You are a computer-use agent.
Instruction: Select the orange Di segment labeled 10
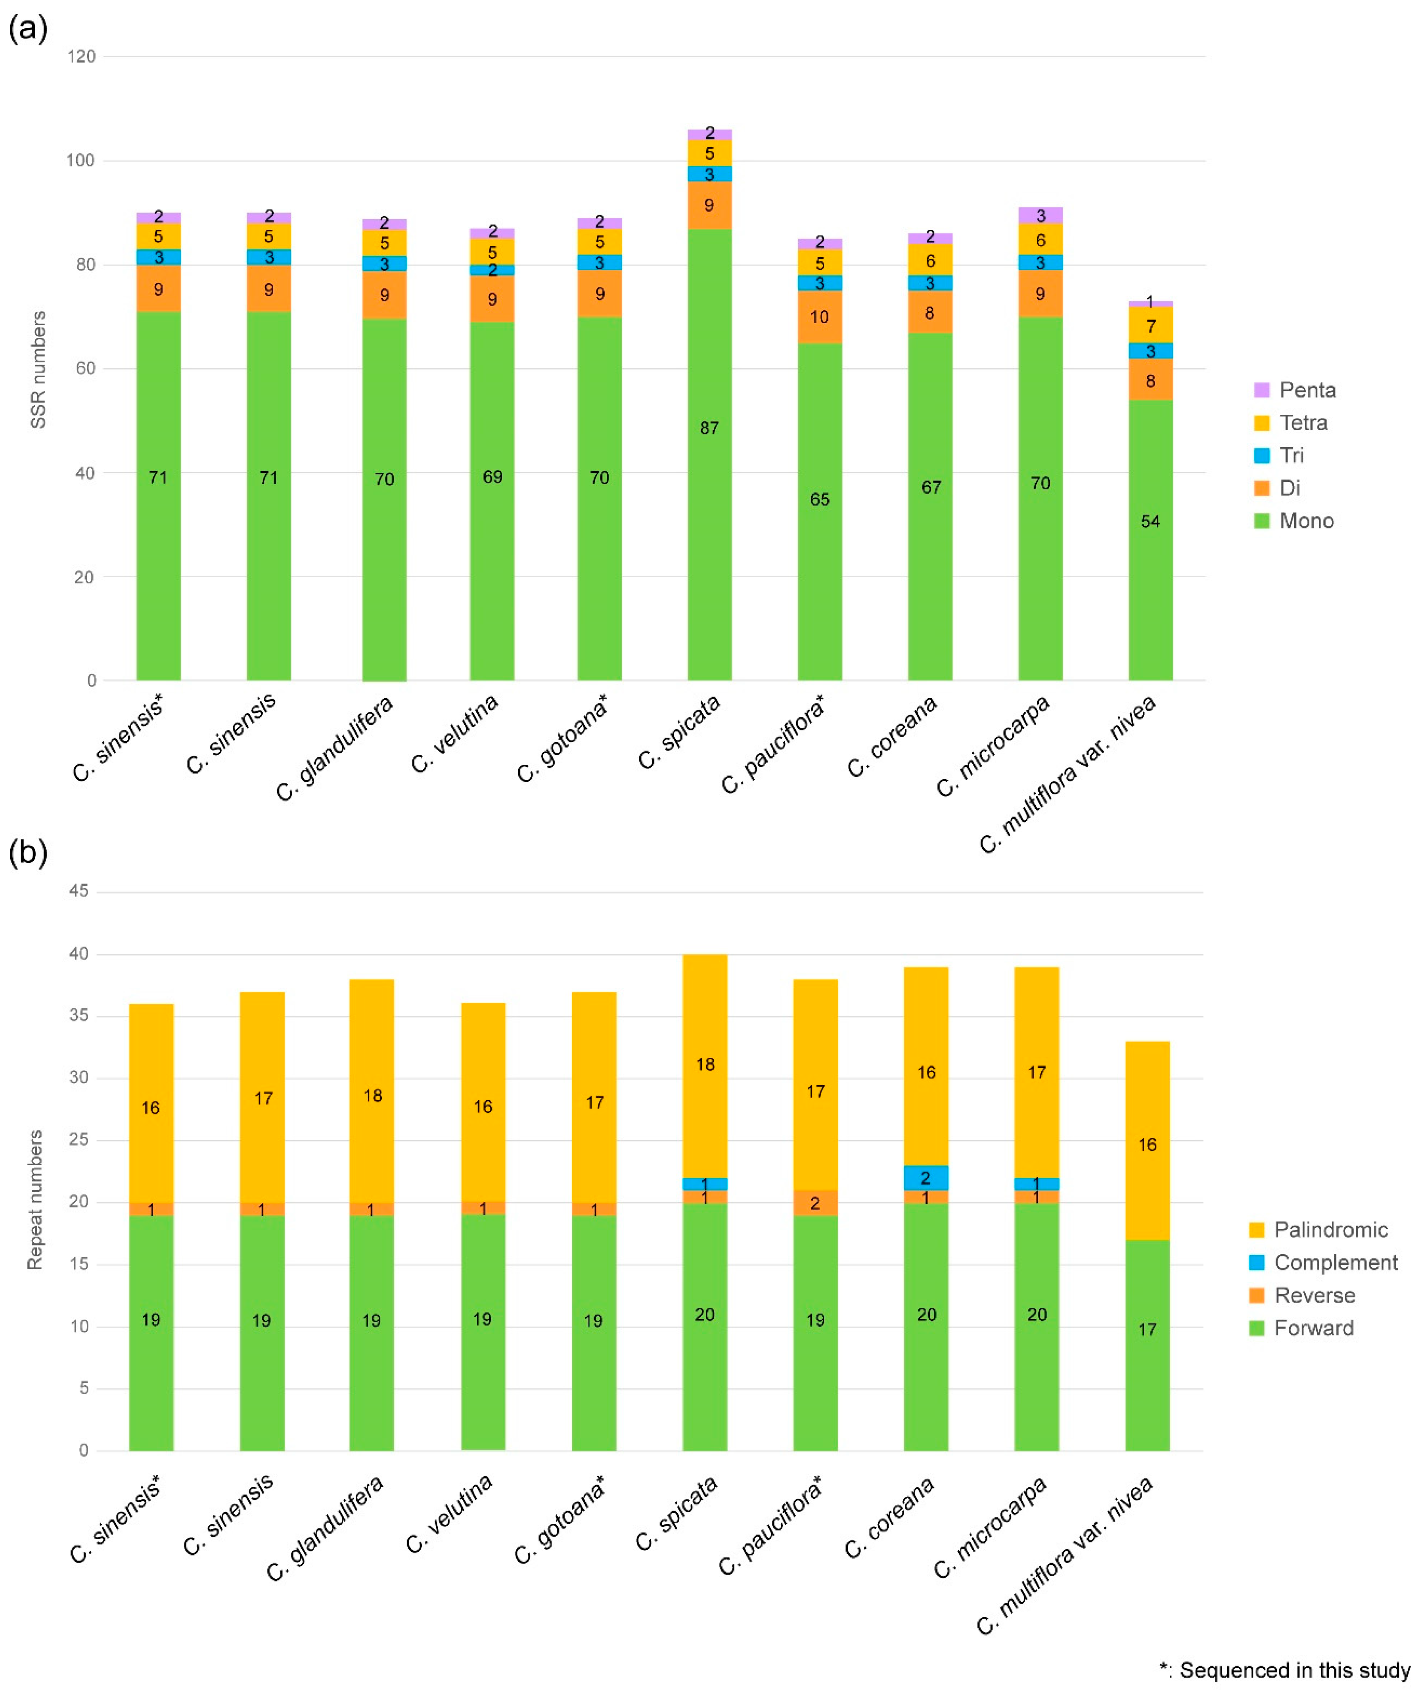[x=819, y=316]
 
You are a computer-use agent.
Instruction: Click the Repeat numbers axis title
[x=35, y=1199]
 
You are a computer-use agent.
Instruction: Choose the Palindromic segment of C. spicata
[x=705, y=1065]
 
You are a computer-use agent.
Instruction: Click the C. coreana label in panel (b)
[x=889, y=1517]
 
